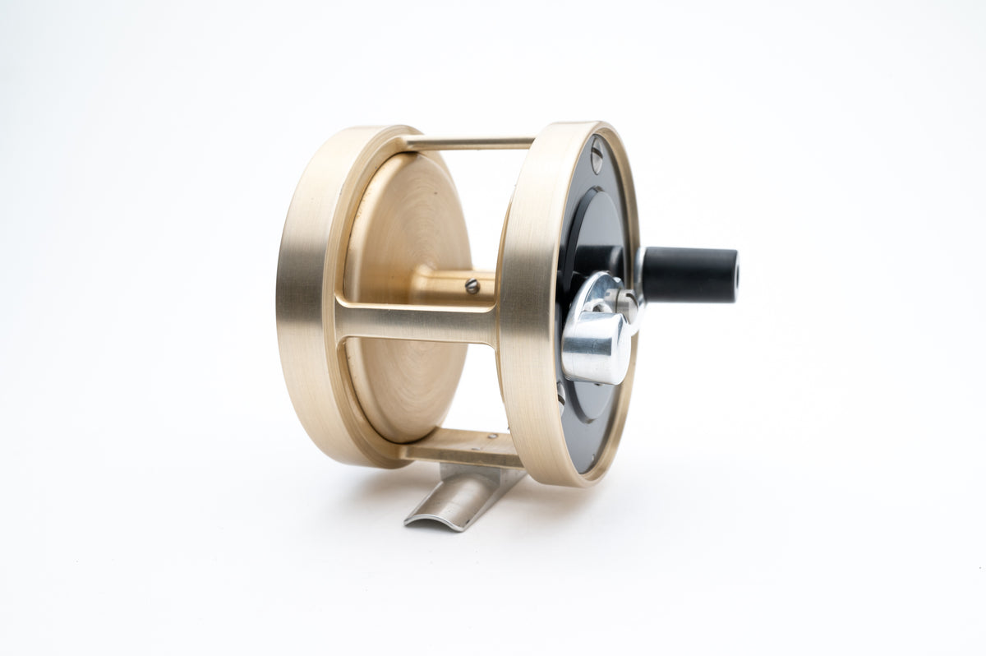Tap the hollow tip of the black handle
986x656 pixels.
pos(735,275)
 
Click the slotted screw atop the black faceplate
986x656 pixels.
pos(596,155)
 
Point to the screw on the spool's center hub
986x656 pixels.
pos(472,286)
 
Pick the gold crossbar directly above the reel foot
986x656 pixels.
pos(460,448)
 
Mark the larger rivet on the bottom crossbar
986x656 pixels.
pos(491,437)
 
